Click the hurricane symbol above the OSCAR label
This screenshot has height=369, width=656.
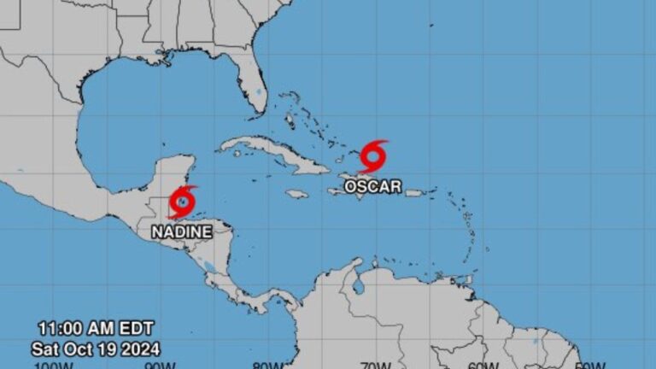coord(373,157)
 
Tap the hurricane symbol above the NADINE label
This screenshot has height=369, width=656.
coord(182,202)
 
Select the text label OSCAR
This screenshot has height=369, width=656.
coord(372,185)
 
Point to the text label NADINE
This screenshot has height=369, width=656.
coord(182,231)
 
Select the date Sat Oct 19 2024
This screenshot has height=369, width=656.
coord(96,348)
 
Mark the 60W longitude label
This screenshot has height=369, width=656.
coord(483,365)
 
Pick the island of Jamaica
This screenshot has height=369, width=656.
coord(296,194)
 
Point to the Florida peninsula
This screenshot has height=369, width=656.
coord(253,85)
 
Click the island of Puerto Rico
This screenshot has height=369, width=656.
coord(414,193)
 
